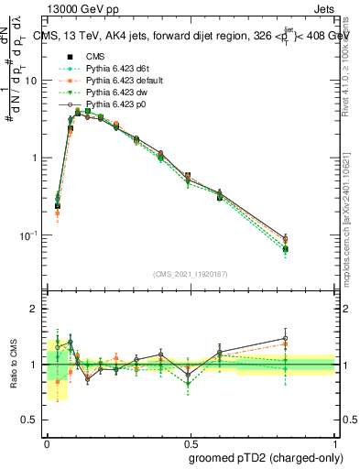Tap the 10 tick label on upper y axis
pyautogui.click(x=32, y=81)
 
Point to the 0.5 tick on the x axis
pyautogui.click(x=191, y=442)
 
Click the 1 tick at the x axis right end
pyautogui.click(x=335, y=442)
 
